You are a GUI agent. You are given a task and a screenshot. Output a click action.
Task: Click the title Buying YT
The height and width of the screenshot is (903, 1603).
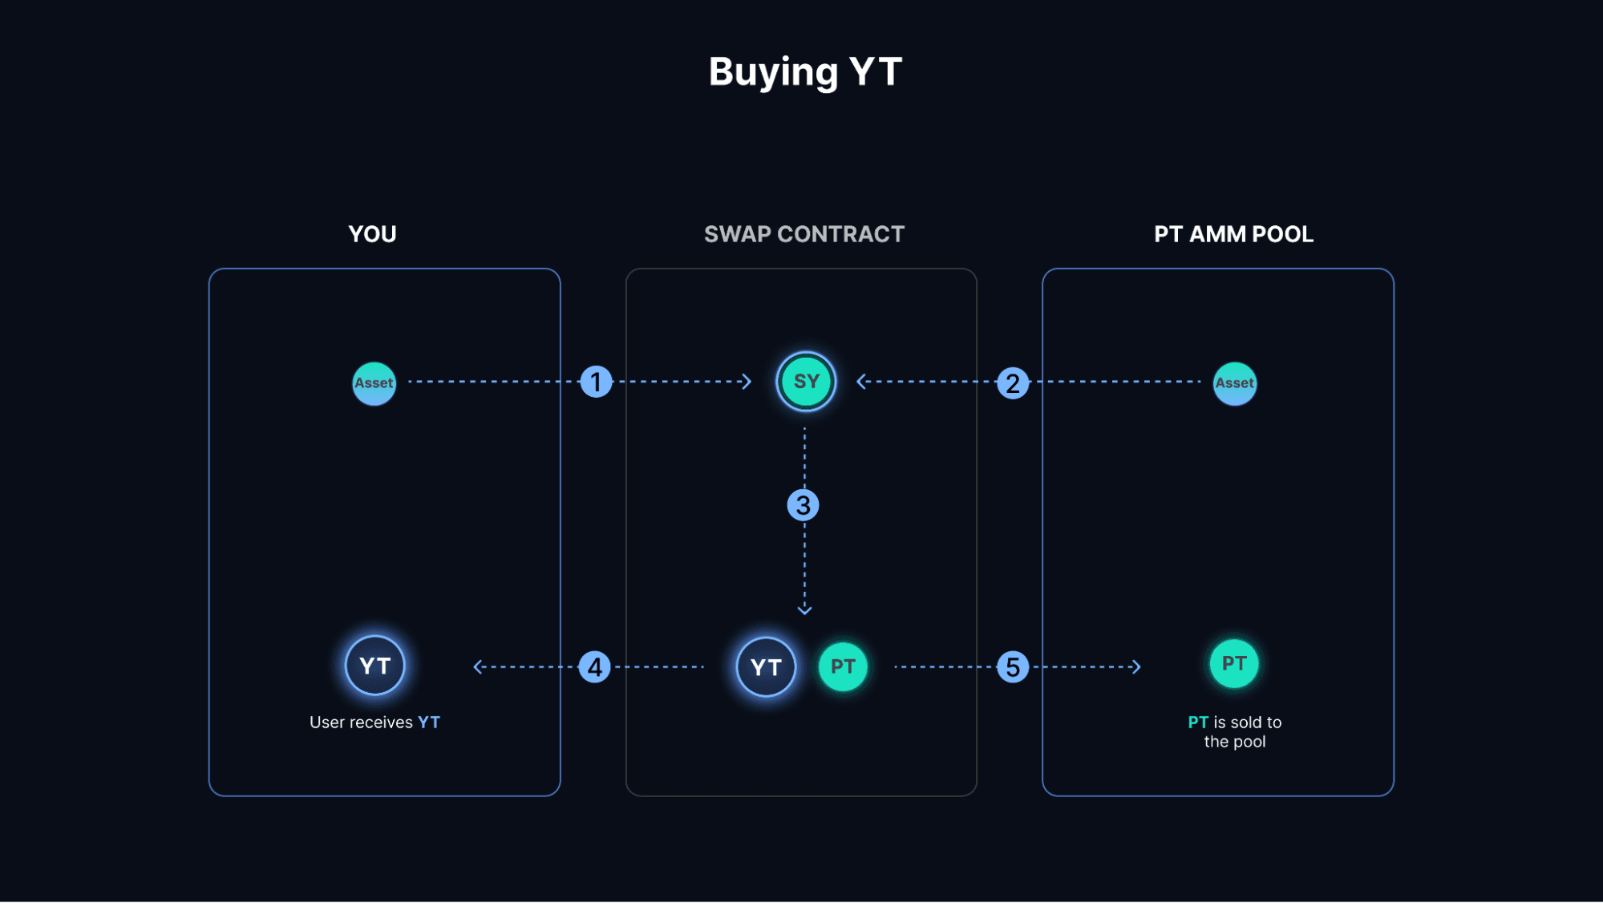click(805, 72)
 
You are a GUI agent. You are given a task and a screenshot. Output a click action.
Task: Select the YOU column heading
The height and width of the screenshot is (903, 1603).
click(372, 234)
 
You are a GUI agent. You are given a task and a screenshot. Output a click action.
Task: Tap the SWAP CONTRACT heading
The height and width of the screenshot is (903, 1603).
click(804, 234)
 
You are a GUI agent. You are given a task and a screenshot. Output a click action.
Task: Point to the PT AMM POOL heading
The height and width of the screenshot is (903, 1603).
click(1233, 234)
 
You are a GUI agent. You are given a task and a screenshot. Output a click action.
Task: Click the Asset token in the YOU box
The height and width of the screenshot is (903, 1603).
click(374, 383)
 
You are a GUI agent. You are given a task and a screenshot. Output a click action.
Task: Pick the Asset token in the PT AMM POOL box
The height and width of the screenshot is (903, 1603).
click(1234, 383)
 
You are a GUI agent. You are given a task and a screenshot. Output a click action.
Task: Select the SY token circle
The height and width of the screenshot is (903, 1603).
click(806, 382)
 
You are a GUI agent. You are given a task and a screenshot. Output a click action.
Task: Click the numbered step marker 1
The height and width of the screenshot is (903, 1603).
click(596, 382)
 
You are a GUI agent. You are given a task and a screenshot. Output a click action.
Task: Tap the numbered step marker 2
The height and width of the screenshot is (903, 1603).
click(1013, 383)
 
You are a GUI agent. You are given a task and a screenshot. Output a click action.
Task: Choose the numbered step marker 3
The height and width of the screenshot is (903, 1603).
click(803, 505)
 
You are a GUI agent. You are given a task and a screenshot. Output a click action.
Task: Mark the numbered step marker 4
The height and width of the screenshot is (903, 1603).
click(594, 666)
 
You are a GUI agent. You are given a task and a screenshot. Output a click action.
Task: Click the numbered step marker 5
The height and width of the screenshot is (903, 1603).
click(1013, 666)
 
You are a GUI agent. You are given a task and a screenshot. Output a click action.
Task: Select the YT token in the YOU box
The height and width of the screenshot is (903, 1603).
click(374, 666)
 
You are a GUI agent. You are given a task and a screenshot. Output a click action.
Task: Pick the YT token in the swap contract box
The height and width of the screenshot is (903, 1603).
click(766, 666)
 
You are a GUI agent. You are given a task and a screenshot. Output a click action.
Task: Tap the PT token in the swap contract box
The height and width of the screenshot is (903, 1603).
click(843, 666)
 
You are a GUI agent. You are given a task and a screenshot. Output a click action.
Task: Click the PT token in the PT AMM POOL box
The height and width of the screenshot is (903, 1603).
click(1234, 663)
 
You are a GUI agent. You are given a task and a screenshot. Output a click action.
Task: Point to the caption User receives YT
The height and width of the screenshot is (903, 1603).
click(374, 723)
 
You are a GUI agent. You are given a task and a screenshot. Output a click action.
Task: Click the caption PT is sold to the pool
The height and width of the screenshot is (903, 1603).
click(1234, 731)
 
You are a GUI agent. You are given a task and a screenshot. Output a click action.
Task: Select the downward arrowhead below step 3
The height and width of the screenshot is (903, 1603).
click(804, 610)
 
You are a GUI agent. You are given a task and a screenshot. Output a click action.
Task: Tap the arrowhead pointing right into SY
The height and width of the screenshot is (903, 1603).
click(747, 382)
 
